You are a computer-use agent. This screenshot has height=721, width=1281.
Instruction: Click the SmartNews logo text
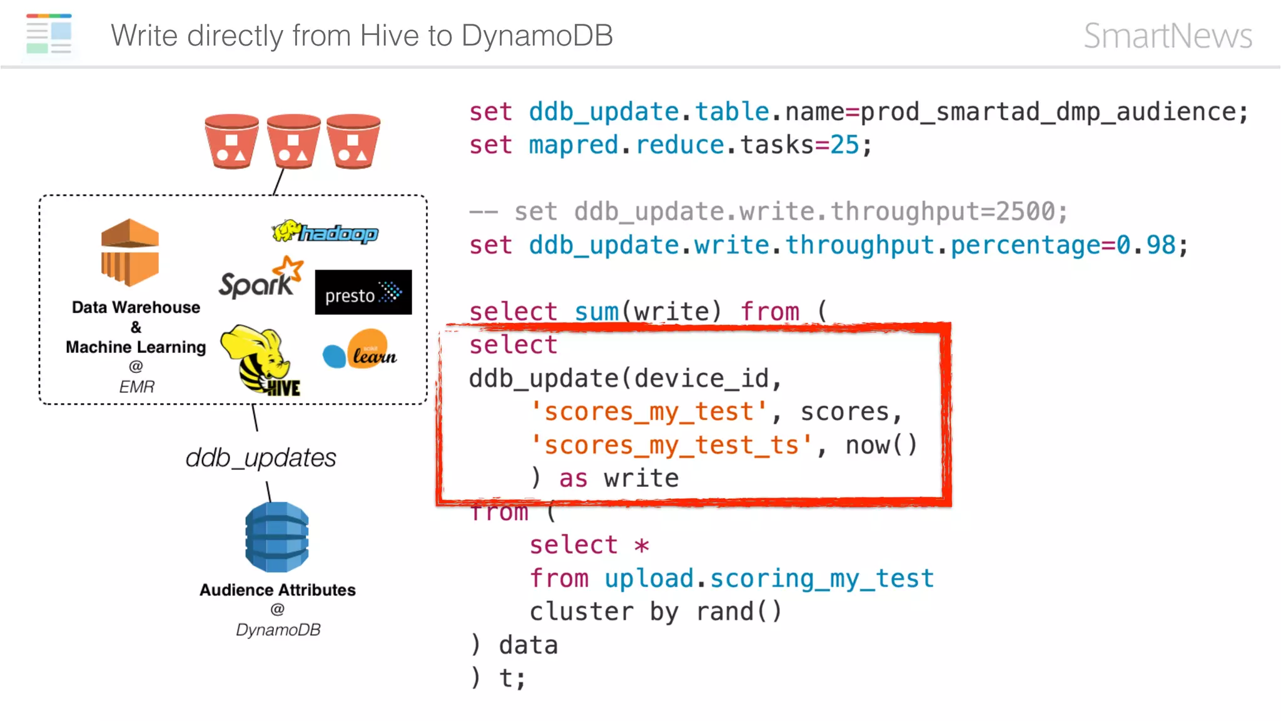[1167, 36]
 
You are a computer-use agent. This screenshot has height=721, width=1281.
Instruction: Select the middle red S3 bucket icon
[293, 141]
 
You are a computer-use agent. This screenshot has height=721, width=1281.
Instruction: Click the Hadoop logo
[325, 232]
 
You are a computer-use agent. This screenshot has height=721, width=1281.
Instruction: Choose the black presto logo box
[363, 292]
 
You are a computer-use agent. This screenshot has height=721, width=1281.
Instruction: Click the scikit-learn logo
[360, 350]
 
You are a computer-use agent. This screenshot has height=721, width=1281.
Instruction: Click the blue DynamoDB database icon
[277, 537]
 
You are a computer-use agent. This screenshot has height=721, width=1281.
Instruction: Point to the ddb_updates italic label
[260, 458]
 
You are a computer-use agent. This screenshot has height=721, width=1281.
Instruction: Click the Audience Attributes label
[277, 590]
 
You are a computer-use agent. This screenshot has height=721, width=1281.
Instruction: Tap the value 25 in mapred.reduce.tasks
[844, 145]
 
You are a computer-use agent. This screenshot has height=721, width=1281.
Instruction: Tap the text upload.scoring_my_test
[769, 578]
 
